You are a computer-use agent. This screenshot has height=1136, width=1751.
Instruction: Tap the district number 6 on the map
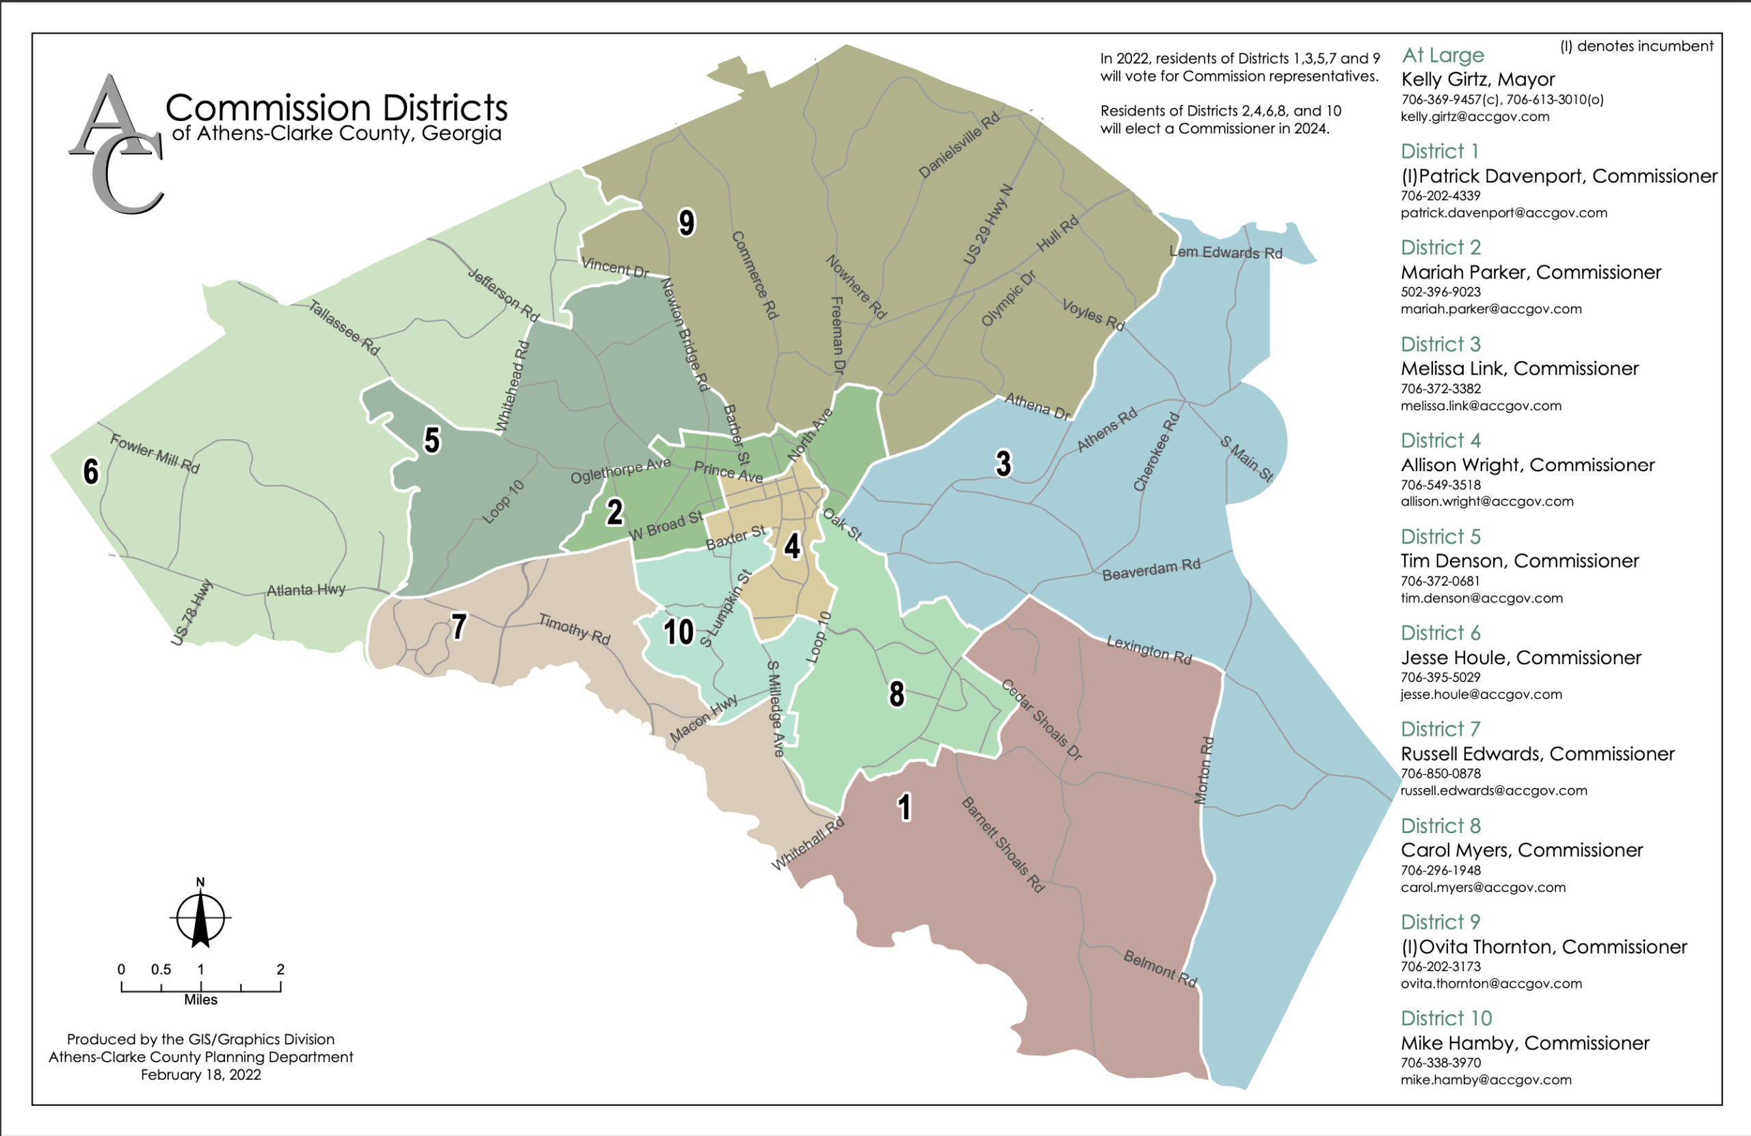click(90, 472)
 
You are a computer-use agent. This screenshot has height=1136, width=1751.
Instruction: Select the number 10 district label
click(678, 632)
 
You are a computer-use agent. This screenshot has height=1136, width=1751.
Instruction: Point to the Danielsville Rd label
click(960, 145)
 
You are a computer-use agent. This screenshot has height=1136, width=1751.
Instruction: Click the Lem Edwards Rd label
click(1225, 252)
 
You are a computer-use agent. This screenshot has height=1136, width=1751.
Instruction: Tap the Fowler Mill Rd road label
click(155, 454)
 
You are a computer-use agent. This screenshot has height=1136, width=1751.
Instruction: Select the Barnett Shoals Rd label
click(1003, 845)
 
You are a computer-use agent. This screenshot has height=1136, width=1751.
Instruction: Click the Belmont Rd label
click(1159, 968)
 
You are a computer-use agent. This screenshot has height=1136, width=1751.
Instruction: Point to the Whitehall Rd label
click(808, 845)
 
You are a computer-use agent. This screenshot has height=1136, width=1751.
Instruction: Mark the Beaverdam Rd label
click(1150, 570)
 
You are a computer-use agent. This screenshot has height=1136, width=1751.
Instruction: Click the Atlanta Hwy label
click(305, 590)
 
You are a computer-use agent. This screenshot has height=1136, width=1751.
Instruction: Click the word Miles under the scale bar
click(200, 1000)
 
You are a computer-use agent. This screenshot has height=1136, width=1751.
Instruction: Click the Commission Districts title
click(337, 108)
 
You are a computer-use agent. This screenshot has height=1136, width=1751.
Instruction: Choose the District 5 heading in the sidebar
click(1440, 536)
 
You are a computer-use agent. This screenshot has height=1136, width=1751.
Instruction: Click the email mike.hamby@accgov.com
click(1486, 1079)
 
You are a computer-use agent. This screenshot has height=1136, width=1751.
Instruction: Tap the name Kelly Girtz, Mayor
click(1477, 79)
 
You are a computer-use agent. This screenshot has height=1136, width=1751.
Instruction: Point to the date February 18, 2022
click(200, 1075)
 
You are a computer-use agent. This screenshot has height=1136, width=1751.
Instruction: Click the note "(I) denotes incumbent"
click(1636, 47)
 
